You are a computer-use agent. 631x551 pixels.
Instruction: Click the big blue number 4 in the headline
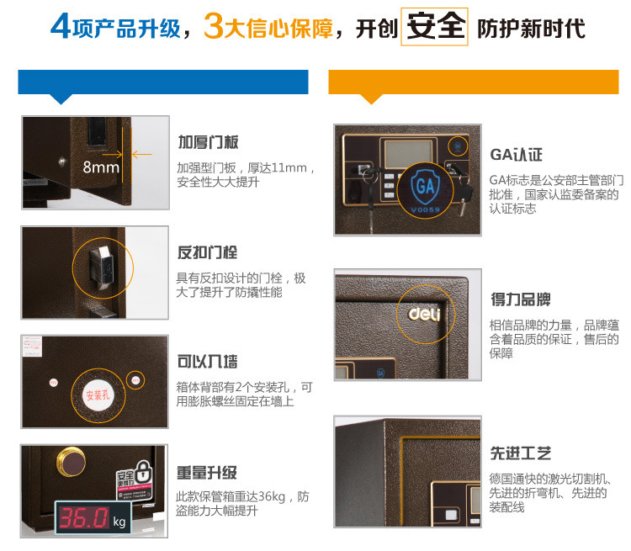pyautogui.click(x=61, y=26)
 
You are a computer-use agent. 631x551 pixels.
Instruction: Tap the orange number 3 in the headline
pyautogui.click(x=214, y=26)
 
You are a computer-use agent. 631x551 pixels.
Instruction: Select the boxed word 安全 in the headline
pyautogui.click(x=435, y=27)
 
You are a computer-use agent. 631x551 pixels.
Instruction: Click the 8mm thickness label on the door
pyautogui.click(x=101, y=167)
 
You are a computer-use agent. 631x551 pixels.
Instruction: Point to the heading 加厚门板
pyautogui.click(x=208, y=142)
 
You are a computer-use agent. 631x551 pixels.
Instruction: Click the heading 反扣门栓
pyautogui.click(x=207, y=252)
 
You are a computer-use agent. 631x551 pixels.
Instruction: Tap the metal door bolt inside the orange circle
pyautogui.click(x=101, y=267)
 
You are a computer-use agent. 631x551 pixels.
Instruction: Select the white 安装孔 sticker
pyautogui.click(x=98, y=395)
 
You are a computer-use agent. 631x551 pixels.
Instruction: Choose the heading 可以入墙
pyautogui.click(x=207, y=362)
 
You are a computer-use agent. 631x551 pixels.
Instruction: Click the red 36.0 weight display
pyautogui.click(x=83, y=517)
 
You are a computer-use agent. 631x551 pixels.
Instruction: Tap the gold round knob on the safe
pyautogui.click(x=72, y=460)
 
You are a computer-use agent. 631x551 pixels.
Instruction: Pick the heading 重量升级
pyautogui.click(x=207, y=473)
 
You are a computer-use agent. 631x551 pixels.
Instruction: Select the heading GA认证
pyautogui.click(x=517, y=155)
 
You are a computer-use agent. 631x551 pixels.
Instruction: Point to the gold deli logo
pyautogui.click(x=425, y=314)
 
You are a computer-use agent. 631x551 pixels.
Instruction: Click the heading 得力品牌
pyautogui.click(x=521, y=299)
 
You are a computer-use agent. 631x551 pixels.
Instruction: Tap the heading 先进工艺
pyautogui.click(x=521, y=453)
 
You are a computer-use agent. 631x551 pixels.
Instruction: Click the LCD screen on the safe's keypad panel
pyautogui.click(x=408, y=154)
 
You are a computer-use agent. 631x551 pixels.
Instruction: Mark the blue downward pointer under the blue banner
pyautogui.click(x=61, y=98)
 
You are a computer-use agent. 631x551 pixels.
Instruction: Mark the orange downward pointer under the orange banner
pyautogui.click(x=371, y=98)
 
